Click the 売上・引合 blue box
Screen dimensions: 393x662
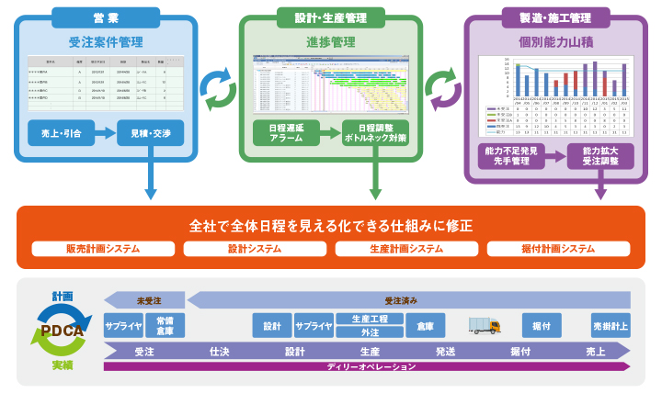(x=62, y=133)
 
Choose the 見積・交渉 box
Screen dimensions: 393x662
(x=151, y=133)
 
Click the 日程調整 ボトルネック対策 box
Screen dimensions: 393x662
(x=374, y=132)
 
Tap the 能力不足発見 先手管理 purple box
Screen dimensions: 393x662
(x=511, y=155)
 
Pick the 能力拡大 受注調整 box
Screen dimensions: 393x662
(x=600, y=155)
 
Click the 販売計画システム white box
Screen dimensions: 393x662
(x=103, y=249)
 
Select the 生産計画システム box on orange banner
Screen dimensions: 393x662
(x=406, y=249)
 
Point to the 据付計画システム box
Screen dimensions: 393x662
(x=558, y=249)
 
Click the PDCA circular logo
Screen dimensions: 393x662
(x=63, y=331)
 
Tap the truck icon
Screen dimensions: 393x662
(x=485, y=325)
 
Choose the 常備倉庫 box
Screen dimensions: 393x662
(x=165, y=326)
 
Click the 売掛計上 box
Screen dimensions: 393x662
(x=611, y=326)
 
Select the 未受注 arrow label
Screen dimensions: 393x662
(x=147, y=299)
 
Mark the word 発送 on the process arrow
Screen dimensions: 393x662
(x=446, y=351)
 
